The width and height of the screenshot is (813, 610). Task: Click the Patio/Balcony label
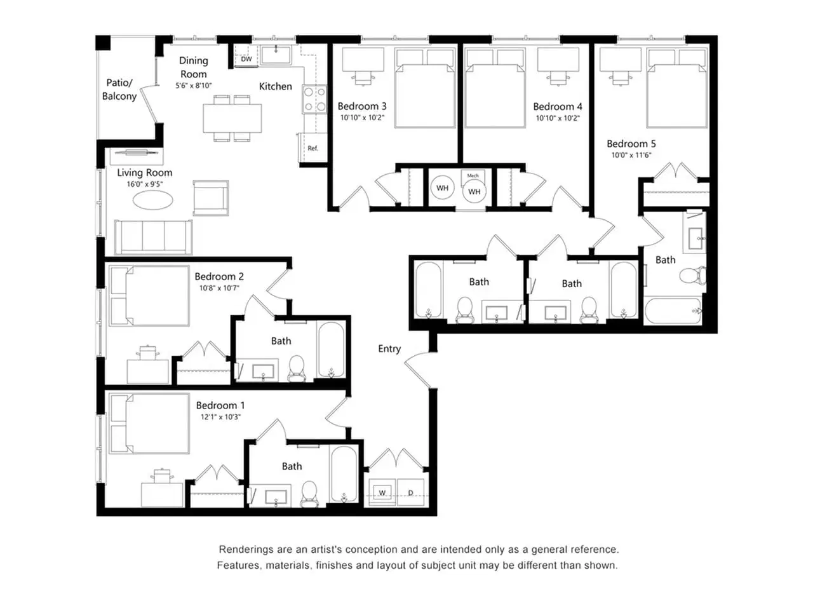pyautogui.click(x=119, y=89)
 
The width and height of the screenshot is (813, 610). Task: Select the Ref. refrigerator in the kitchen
pyautogui.click(x=312, y=147)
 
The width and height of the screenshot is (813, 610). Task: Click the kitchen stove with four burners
pyautogui.click(x=314, y=99)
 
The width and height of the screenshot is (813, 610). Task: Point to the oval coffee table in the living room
pyautogui.click(x=152, y=200)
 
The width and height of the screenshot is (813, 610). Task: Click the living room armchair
pyautogui.click(x=210, y=198)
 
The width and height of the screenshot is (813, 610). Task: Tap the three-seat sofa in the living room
pyautogui.click(x=153, y=237)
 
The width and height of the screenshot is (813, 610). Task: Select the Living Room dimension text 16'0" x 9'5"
pyautogui.click(x=145, y=184)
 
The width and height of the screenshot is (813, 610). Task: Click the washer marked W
pyautogui.click(x=382, y=492)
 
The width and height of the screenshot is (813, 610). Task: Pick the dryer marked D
pyautogui.click(x=410, y=492)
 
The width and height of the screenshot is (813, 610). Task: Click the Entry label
pyautogui.click(x=389, y=349)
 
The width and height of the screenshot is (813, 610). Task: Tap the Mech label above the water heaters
pyautogui.click(x=473, y=175)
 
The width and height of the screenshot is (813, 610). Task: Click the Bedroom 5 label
pyautogui.click(x=631, y=144)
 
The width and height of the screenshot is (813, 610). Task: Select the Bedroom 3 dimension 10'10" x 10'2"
pyautogui.click(x=362, y=118)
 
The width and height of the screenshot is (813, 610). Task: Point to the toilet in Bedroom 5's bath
pyautogui.click(x=692, y=275)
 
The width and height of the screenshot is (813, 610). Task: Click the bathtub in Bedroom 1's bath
pyautogui.click(x=344, y=474)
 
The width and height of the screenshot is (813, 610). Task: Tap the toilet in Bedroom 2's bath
pyautogui.click(x=297, y=369)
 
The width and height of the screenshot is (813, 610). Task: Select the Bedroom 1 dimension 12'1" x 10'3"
pyautogui.click(x=221, y=417)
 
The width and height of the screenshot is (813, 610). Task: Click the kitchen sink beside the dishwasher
pyautogui.click(x=276, y=55)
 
